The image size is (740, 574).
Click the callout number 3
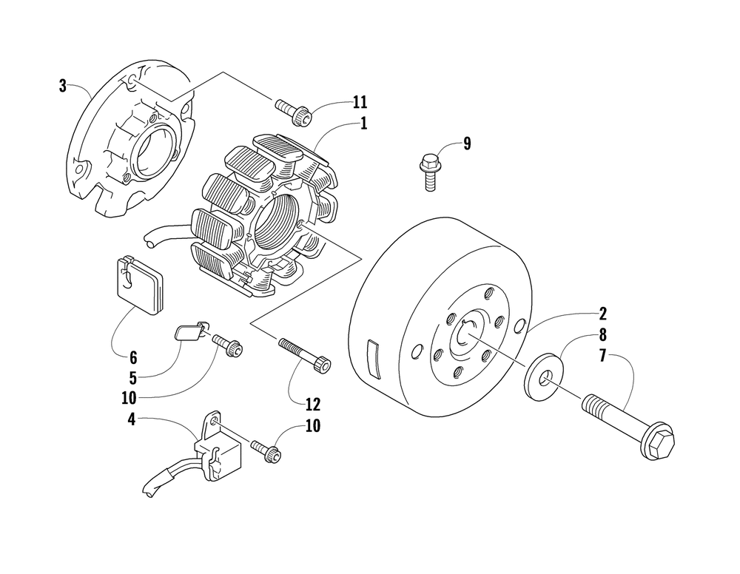pos(63,86)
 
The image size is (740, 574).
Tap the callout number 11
pos(360,102)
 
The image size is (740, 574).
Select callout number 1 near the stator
pos(363,124)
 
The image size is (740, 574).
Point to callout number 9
pos(466,143)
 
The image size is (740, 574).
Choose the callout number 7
pos(602,357)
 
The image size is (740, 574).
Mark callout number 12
pos(312,404)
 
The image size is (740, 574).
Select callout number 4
pos(131,419)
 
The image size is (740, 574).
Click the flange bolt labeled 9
pos(429,167)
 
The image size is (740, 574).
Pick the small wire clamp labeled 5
pos(191,331)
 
